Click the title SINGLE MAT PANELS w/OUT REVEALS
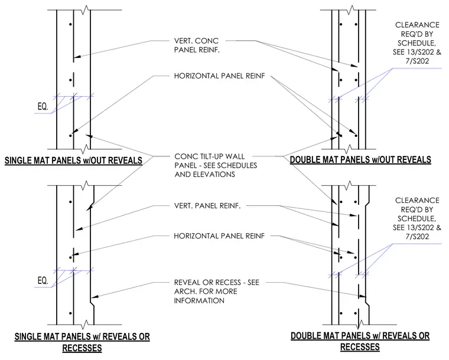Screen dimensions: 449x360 tap(74, 161)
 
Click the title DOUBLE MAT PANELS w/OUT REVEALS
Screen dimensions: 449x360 tap(360, 159)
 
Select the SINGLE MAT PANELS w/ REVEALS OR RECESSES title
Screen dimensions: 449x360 tap(82, 342)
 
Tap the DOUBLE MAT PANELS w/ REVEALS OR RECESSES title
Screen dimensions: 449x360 tap(360, 341)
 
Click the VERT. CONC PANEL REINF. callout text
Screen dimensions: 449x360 tap(197, 45)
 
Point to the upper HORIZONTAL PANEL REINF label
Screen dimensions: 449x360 tap(220, 76)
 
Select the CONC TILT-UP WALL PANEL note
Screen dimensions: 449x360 tap(216, 165)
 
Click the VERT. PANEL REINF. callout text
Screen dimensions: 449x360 tap(207, 205)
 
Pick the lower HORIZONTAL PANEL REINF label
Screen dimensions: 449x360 tap(219, 236)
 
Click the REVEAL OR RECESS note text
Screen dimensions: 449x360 tap(217, 292)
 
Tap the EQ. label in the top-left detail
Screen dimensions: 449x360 tap(43, 107)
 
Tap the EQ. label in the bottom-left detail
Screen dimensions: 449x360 tap(43, 280)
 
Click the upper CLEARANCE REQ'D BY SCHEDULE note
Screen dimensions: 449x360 tap(417, 43)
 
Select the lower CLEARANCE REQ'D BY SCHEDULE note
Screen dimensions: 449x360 tap(417, 218)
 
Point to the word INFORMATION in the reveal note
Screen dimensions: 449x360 tap(199, 300)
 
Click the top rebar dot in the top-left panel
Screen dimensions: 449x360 tap(70, 24)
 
